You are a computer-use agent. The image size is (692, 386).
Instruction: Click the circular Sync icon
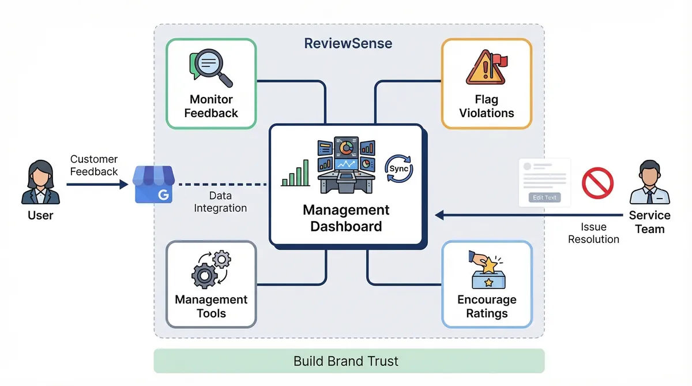pos(398,168)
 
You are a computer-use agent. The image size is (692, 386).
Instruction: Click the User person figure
pos(40,183)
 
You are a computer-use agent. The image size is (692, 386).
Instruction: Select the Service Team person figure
pos(649,183)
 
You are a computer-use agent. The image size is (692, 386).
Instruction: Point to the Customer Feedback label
pos(93,165)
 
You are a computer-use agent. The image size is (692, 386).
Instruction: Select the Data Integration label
pos(220,202)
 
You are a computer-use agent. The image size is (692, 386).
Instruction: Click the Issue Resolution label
pos(593,233)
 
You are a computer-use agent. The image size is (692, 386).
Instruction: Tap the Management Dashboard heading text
pos(346,218)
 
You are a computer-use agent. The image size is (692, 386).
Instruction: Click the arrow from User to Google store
pos(97,185)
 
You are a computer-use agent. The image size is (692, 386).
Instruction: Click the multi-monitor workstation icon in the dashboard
pos(346,164)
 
